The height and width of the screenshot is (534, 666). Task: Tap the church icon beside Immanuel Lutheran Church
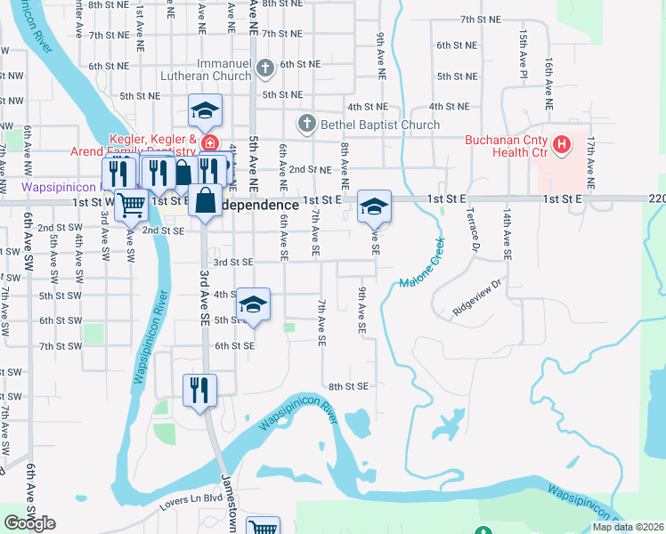click(264, 68)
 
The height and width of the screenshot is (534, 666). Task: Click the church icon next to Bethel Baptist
click(306, 124)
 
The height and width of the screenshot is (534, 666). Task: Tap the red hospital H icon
click(562, 143)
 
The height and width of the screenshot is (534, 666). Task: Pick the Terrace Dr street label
click(467, 234)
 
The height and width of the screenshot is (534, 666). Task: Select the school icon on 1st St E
click(374, 206)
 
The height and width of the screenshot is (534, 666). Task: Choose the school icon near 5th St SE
click(254, 303)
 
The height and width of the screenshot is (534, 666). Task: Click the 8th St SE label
click(348, 386)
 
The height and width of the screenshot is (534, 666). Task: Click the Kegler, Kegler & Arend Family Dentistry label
click(153, 145)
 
